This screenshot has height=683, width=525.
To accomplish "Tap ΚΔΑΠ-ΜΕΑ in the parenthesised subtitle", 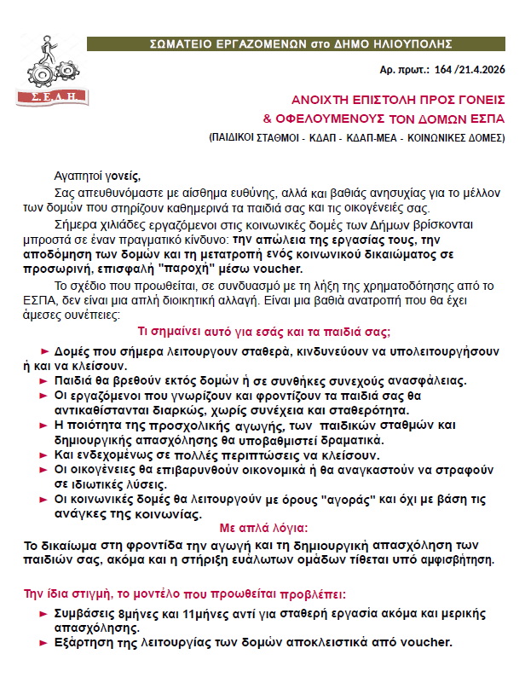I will click(x=367, y=136).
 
